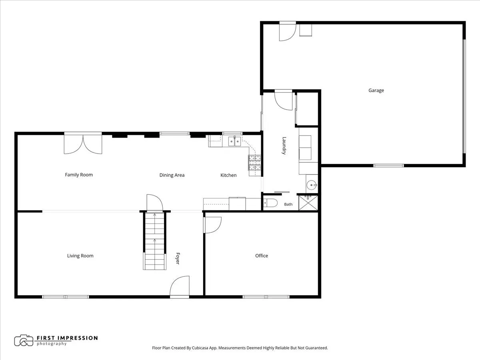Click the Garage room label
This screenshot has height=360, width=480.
pyautogui.click(x=376, y=90)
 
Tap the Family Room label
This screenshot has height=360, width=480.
pyautogui.click(x=79, y=175)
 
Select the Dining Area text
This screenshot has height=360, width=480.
pyautogui.click(x=172, y=175)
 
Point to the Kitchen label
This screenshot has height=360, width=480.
pyautogui.click(x=228, y=175)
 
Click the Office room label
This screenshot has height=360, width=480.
pyautogui.click(x=262, y=256)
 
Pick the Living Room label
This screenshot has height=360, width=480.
pyautogui.click(x=80, y=256)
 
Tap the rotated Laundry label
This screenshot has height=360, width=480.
pyautogui.click(x=284, y=146)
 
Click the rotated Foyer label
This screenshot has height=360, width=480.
pyautogui.click(x=178, y=258)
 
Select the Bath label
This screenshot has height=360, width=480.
pyautogui.click(x=288, y=204)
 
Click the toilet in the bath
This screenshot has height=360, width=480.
pyautogui.click(x=270, y=203)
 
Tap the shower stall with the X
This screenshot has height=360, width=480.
pyautogui.click(x=308, y=203)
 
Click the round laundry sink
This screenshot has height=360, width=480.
pyautogui.click(x=312, y=185)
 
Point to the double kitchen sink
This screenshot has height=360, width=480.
pyautogui.click(x=235, y=142)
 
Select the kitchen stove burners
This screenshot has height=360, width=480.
pyautogui.click(x=255, y=163)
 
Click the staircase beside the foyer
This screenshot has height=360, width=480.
pyautogui.click(x=155, y=241)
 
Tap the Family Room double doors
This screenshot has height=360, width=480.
pyautogui.click(x=83, y=144)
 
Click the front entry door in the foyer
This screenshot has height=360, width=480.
pyautogui.click(x=180, y=286)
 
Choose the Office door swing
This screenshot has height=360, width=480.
pyautogui.click(x=212, y=225)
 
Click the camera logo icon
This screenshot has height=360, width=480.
pyautogui.click(x=24, y=340)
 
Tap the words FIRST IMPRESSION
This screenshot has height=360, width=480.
pyautogui.click(x=67, y=338)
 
